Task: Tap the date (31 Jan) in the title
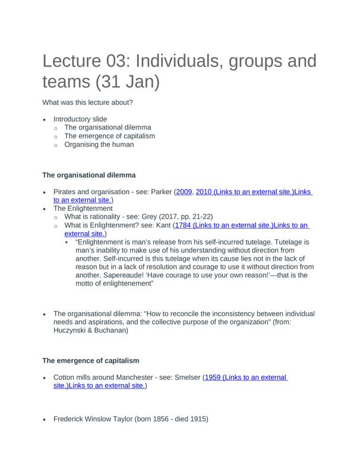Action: (128, 81)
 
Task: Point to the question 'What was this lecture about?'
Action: (87, 102)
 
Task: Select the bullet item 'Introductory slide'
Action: (80, 119)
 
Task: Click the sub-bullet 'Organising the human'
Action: (99, 144)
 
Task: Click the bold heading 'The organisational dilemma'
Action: (89, 175)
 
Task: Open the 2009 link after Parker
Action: (184, 192)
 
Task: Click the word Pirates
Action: (66, 192)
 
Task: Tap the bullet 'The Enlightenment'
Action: (83, 208)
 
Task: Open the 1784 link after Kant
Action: (185, 226)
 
